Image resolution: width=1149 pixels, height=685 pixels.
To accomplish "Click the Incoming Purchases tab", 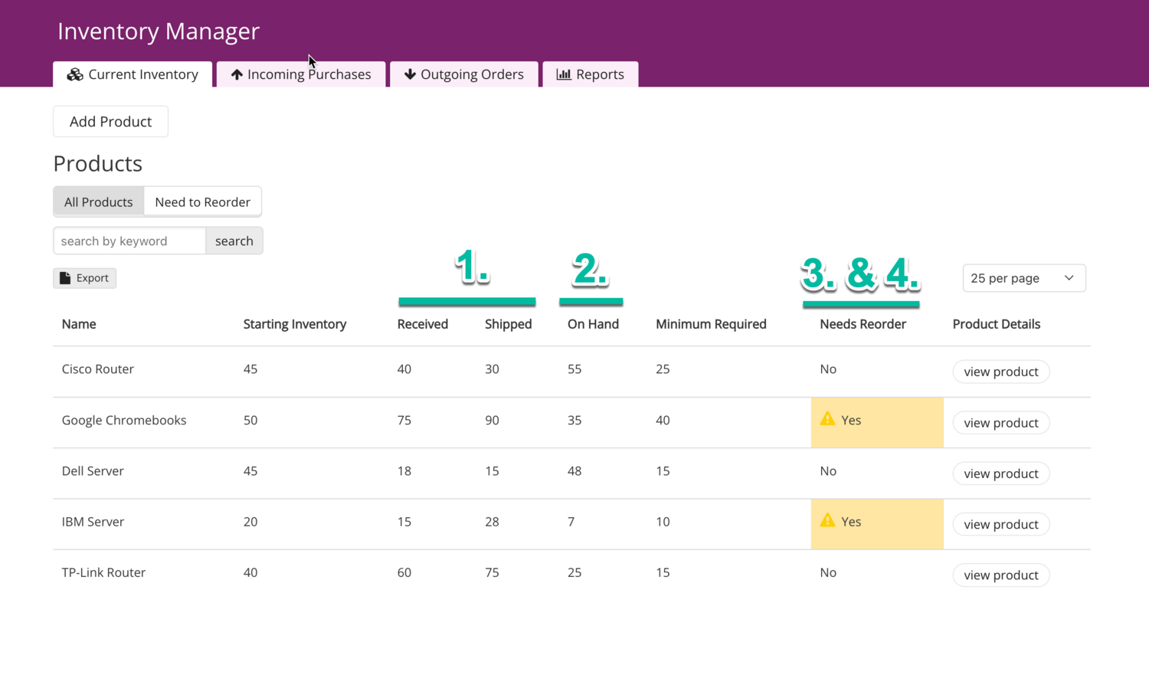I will (301, 74).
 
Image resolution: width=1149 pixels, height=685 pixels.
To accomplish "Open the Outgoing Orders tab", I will (464, 74).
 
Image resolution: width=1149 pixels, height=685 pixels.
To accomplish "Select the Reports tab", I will (591, 74).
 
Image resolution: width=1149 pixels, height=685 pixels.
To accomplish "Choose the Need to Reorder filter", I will (202, 202).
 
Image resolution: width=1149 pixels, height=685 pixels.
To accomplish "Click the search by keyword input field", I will (129, 241).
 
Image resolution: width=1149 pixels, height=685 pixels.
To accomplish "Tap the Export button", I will (84, 278).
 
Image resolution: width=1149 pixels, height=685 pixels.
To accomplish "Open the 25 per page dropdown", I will (1023, 278).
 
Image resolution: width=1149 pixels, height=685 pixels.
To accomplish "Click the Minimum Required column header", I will (711, 324).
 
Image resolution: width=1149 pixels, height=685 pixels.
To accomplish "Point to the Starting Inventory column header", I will (295, 324).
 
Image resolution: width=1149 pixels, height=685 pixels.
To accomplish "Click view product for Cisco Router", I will (1000, 372).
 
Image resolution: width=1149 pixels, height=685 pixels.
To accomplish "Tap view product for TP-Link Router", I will (1000, 575).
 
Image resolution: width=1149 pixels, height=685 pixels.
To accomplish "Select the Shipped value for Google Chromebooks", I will (492, 421).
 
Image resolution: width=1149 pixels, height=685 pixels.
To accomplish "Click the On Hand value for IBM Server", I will (571, 522).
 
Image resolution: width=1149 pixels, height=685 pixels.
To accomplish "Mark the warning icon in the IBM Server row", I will (827, 520).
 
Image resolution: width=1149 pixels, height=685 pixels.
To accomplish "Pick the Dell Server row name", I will (93, 471).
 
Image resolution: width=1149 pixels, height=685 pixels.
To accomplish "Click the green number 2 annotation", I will (590, 270).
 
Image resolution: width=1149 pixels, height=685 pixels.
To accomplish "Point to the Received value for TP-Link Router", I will (404, 573).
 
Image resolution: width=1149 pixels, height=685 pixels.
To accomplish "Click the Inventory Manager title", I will (159, 31).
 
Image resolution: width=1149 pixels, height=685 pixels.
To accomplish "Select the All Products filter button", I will (99, 202).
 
